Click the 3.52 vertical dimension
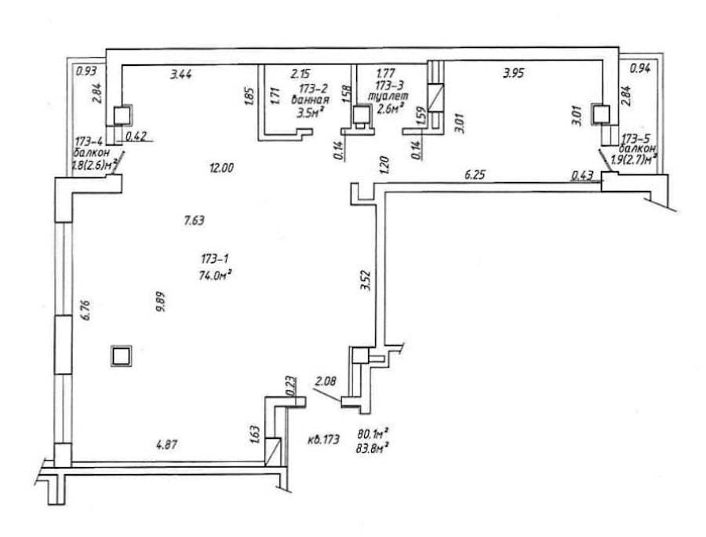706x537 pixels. (364, 280)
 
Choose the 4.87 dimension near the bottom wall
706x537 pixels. (166, 445)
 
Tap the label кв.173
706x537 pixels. (325, 440)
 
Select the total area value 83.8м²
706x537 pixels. (375, 447)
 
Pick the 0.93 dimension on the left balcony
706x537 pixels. (85, 72)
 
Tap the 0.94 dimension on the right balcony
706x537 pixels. (641, 69)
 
